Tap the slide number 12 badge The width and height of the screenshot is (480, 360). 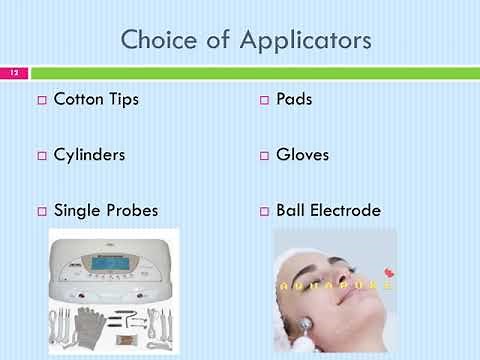(15, 73)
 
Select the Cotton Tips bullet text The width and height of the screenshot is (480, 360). (96, 99)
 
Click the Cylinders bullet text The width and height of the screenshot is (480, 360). (90, 155)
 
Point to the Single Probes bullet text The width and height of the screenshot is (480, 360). (105, 211)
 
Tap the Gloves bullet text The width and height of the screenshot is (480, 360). (302, 155)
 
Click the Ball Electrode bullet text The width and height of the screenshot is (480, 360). (328, 211)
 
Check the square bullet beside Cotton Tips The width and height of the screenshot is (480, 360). (42, 100)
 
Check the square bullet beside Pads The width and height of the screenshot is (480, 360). (265, 100)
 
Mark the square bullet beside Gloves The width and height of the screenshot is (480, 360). (265, 156)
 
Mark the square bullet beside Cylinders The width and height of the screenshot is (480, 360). (42, 156)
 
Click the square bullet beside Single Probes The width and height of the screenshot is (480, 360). (42, 212)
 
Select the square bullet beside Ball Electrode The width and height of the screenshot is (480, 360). (265, 212)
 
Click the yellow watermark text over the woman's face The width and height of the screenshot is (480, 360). (335, 285)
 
